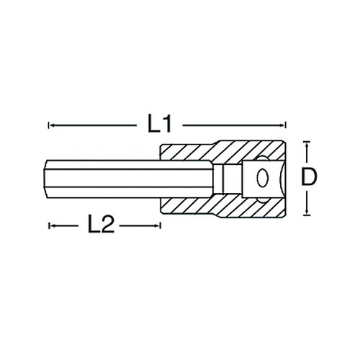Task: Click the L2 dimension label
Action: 101,224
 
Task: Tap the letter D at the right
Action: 309,177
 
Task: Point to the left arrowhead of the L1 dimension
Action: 53,125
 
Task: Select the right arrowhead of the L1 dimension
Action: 281,125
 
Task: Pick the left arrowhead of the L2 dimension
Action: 53,226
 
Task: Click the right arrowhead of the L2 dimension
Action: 156,226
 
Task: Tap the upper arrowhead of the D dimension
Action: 306,145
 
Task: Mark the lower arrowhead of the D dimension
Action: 306,211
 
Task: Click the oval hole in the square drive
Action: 262,178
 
